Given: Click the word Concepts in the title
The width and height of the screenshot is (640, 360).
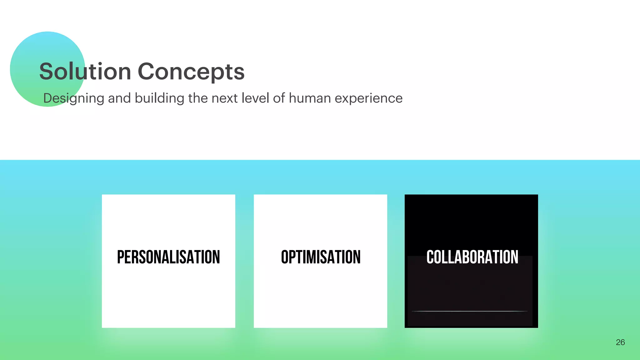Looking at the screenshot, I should click(x=191, y=72).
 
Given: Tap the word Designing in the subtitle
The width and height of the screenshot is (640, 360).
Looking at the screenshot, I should click(x=73, y=98).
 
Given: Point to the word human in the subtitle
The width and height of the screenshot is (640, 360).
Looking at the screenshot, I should click(x=310, y=98).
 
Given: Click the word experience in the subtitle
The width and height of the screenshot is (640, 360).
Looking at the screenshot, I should click(x=368, y=98).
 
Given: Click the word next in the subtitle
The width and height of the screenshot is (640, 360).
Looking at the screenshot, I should click(x=224, y=98).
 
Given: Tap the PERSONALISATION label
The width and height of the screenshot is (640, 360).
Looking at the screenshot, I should click(x=168, y=257).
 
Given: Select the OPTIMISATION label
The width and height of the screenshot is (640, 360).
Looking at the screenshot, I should click(x=321, y=257).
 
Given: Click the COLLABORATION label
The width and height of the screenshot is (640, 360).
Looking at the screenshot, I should click(x=472, y=257).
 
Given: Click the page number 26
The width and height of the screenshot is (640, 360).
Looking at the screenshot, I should click(x=620, y=342).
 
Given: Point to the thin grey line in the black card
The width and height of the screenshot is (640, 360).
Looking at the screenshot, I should click(x=469, y=311).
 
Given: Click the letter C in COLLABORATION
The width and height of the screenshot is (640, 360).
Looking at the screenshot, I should click(x=430, y=257).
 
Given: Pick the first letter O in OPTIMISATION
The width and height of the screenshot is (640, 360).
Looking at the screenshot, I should click(x=285, y=257).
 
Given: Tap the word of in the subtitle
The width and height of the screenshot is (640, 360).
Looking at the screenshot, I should click(x=279, y=98).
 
